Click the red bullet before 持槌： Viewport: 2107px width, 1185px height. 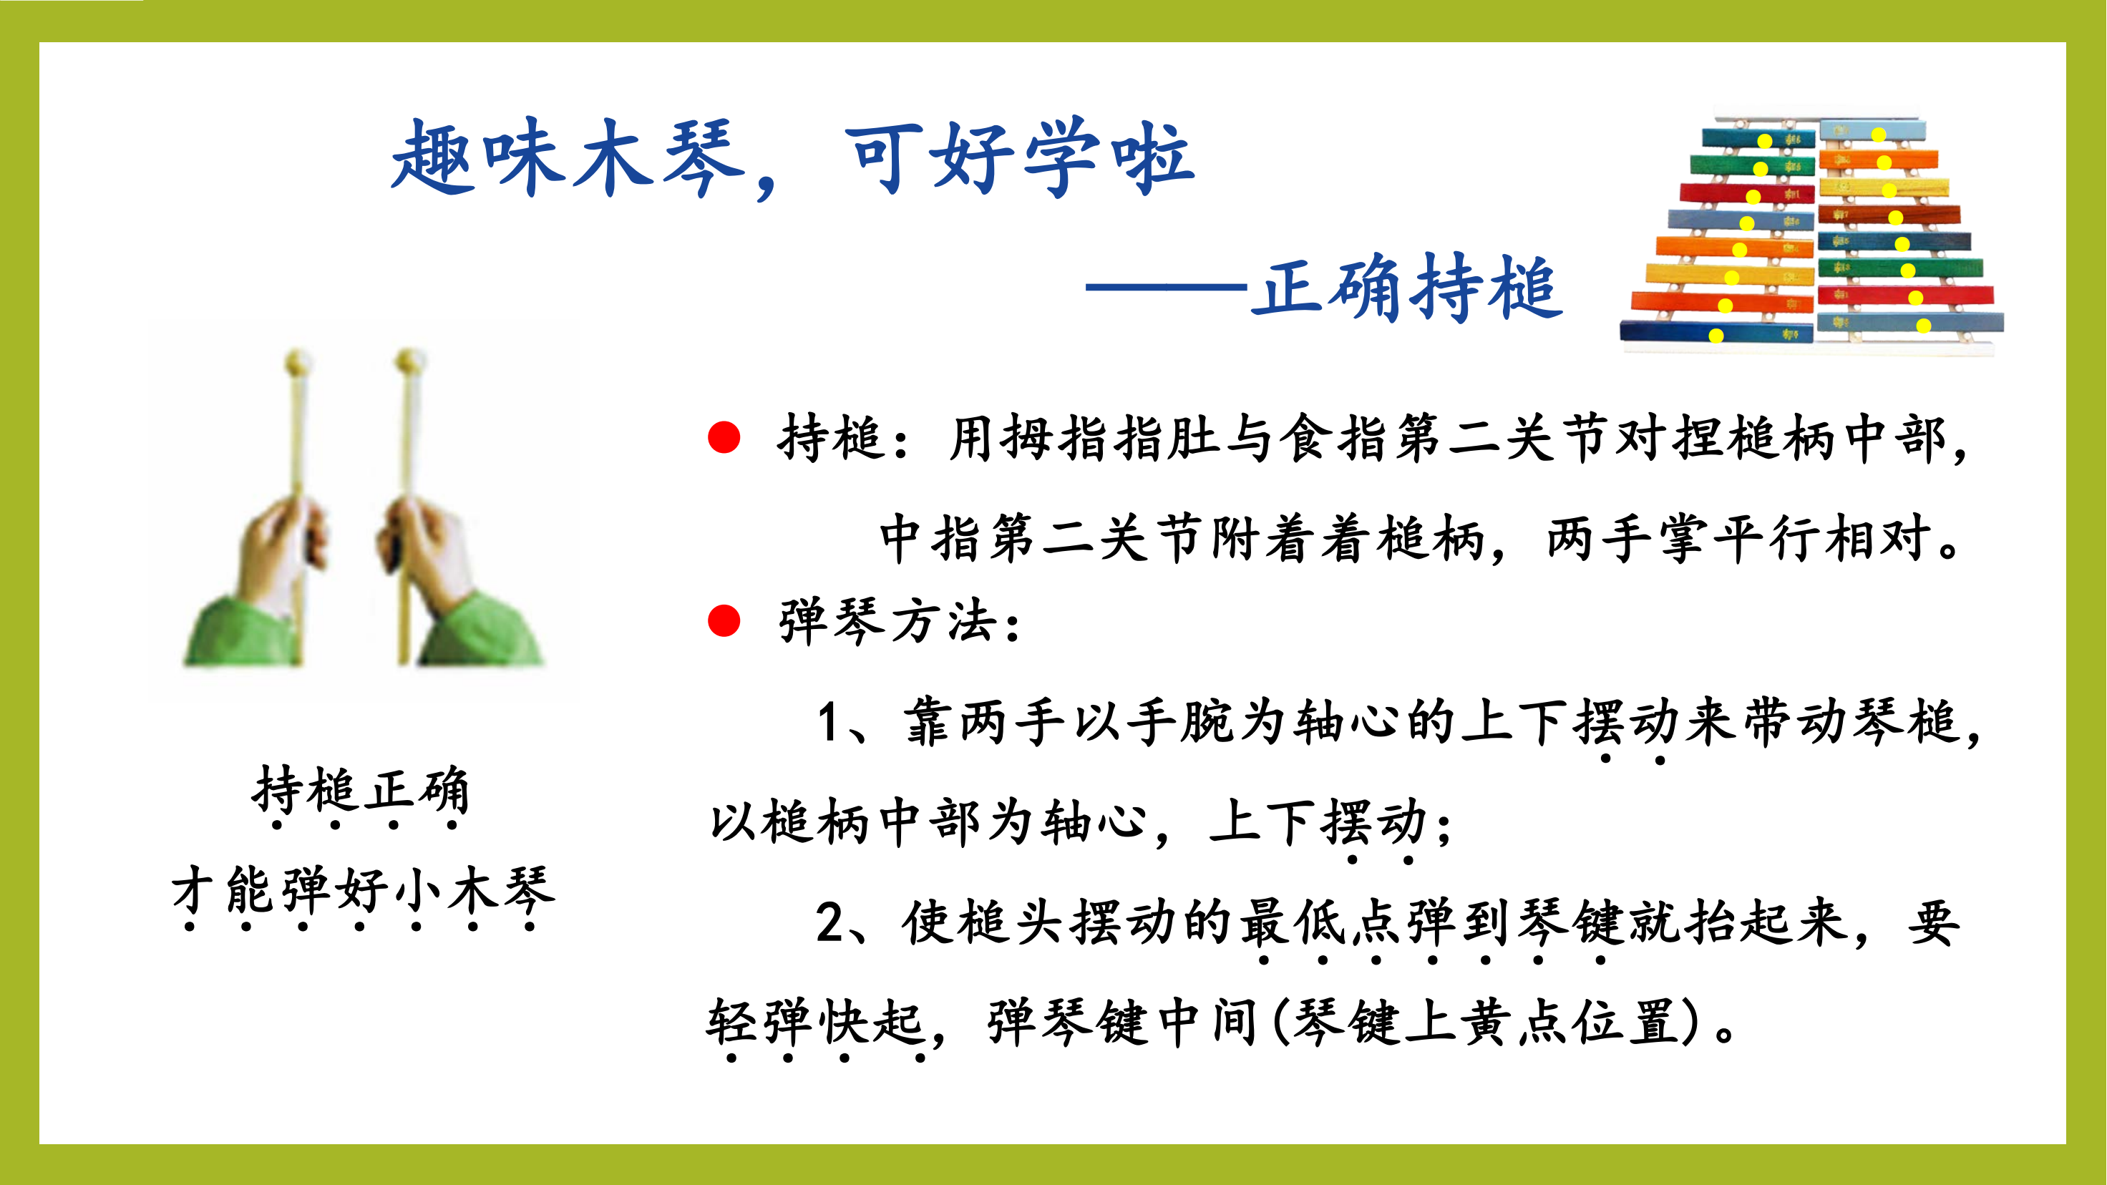click(x=724, y=437)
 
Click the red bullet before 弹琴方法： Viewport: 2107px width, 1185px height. click(x=724, y=620)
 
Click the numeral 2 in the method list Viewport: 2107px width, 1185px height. click(x=830, y=922)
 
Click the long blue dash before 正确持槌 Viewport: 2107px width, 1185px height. click(x=1167, y=287)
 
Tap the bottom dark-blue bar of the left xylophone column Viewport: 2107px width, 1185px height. click(x=1716, y=331)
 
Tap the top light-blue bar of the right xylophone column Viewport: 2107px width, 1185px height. click(x=1872, y=131)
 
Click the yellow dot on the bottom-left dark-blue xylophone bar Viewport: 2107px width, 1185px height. click(x=1716, y=336)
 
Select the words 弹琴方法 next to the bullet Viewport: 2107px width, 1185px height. click(x=888, y=622)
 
